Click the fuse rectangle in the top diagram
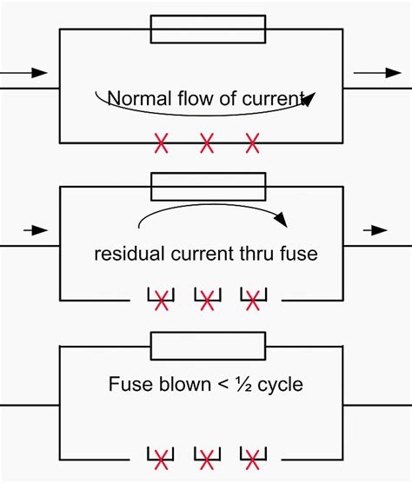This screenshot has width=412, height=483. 207,29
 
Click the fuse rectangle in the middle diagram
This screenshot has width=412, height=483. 207,187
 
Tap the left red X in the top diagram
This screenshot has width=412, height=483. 161,142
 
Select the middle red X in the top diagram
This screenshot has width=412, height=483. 207,142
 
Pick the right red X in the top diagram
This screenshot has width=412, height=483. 253,142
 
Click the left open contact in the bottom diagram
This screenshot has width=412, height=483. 161,458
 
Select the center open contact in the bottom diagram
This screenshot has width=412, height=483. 207,458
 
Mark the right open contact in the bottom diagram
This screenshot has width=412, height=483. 253,458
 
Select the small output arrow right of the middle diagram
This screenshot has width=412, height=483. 375,230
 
